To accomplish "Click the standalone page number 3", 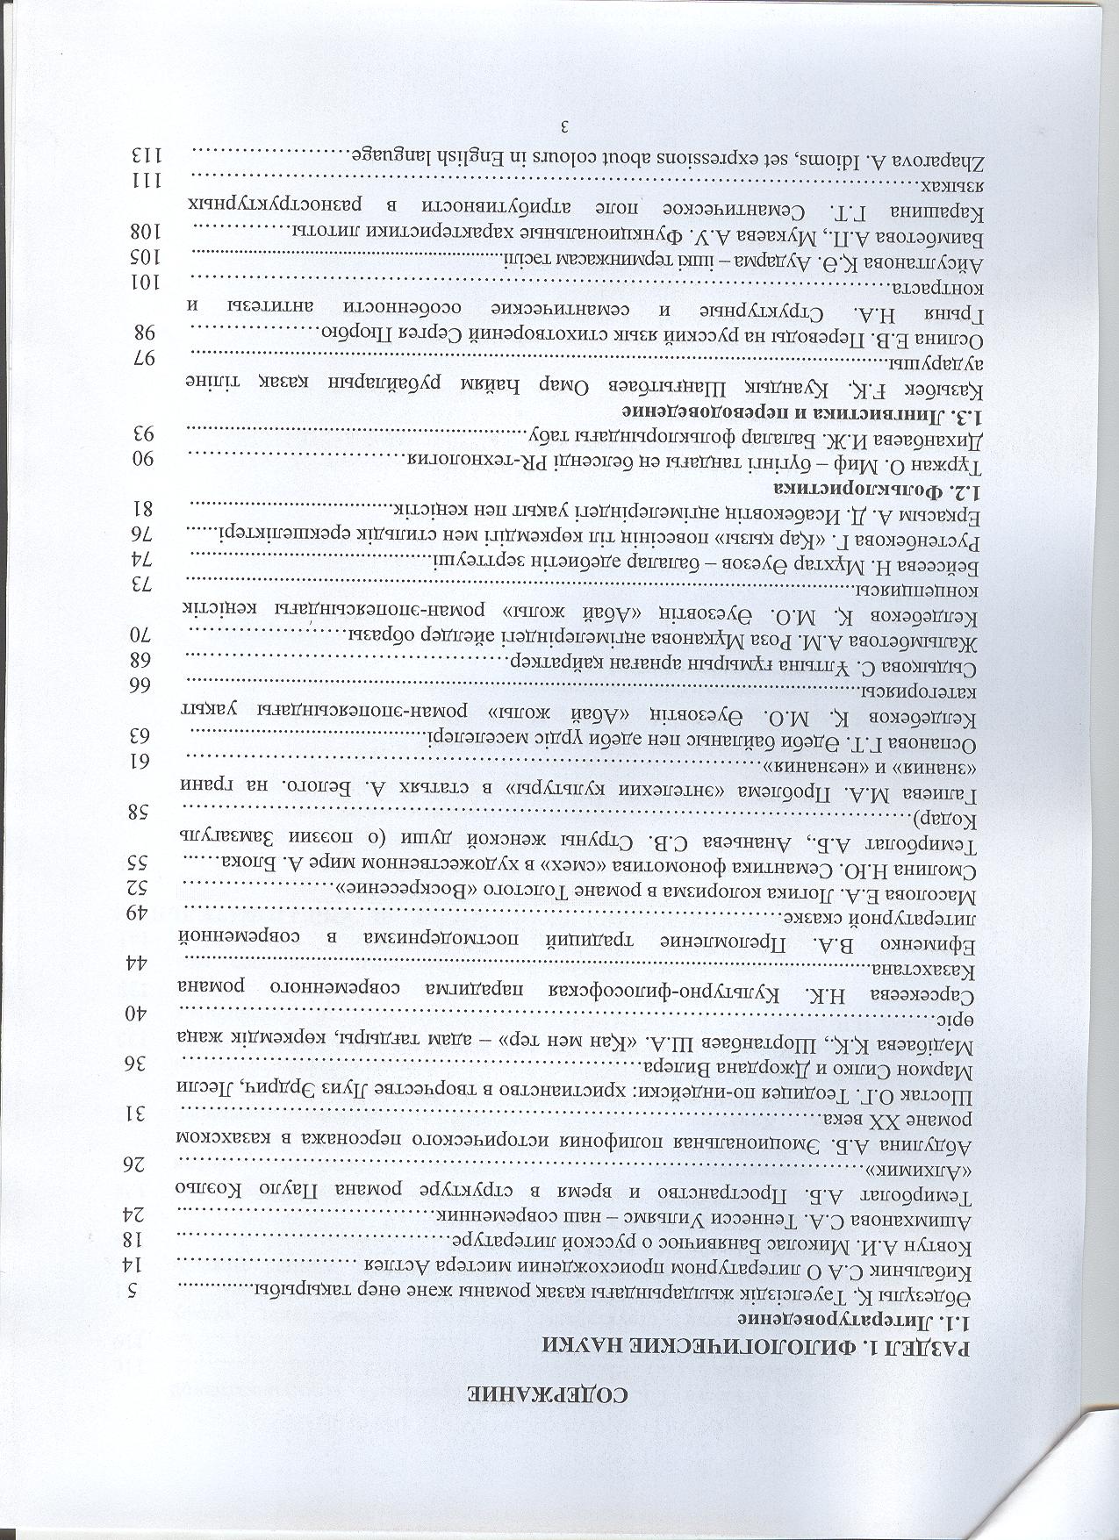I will coord(559,122).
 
